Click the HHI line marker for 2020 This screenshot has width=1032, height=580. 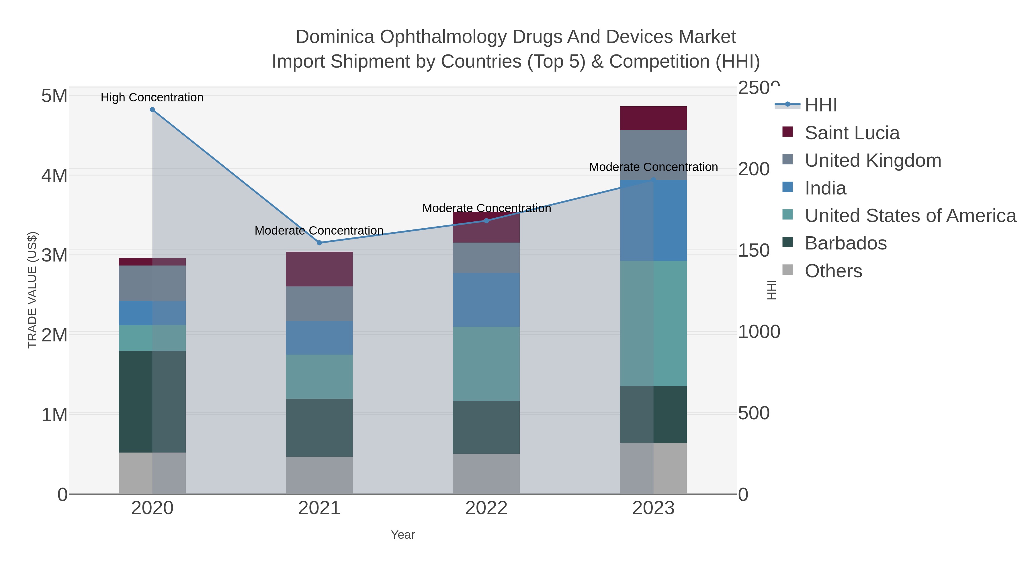152,110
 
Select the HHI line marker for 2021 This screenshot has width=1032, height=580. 319,243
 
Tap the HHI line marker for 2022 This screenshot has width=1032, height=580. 486,221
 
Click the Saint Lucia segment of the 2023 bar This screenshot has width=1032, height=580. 653,118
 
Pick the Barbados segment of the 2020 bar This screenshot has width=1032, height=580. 152,402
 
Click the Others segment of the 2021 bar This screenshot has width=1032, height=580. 319,475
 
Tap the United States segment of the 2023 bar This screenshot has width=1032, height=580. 653,323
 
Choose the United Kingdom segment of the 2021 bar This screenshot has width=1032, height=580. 319,303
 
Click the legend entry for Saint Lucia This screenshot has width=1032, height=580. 852,133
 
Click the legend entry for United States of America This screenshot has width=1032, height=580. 910,216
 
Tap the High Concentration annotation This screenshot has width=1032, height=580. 152,97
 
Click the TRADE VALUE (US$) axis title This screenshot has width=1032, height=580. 32,290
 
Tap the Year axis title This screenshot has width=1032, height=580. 403,535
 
